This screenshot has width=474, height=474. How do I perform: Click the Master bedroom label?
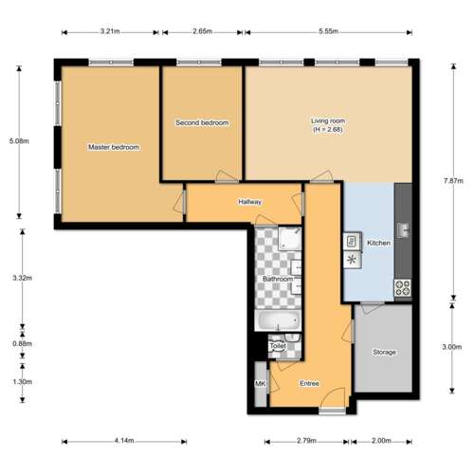point(114,147)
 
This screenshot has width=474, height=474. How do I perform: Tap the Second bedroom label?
point(202,122)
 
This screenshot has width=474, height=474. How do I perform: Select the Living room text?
point(328,120)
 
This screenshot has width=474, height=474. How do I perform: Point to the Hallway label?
point(250,202)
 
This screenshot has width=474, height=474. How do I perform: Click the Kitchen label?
point(378,243)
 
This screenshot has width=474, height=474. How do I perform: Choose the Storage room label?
point(384,352)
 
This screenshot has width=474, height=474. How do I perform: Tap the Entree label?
point(309,383)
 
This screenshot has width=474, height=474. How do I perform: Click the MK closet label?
point(260,384)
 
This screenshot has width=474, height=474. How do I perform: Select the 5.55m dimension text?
point(328,31)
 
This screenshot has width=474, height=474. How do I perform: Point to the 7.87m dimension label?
point(453,181)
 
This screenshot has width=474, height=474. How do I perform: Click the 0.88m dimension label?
point(22,344)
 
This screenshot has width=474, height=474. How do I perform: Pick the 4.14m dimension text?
point(124,440)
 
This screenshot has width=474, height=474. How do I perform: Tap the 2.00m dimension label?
point(381,440)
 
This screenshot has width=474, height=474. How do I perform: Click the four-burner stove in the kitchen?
point(403,288)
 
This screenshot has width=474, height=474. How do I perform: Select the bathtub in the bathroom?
point(278,320)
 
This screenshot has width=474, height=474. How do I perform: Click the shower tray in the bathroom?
point(290,239)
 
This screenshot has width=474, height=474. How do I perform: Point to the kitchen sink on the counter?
point(403,230)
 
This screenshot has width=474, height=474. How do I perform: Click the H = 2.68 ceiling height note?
point(328,129)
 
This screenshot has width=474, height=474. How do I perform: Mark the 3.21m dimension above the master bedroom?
point(110,31)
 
